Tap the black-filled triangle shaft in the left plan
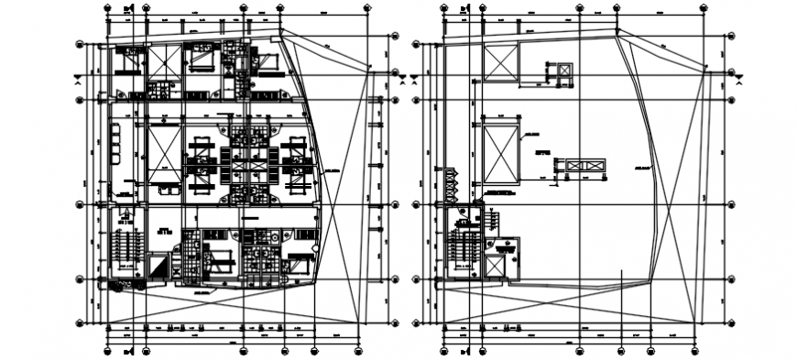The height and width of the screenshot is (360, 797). (158, 268)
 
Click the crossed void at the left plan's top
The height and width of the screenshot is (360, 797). (166, 64)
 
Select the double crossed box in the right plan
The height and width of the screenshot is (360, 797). (586, 165)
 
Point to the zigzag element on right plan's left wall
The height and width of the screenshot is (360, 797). (450, 183)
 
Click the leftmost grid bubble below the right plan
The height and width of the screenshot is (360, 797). (442, 349)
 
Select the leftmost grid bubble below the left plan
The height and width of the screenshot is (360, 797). (106, 349)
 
